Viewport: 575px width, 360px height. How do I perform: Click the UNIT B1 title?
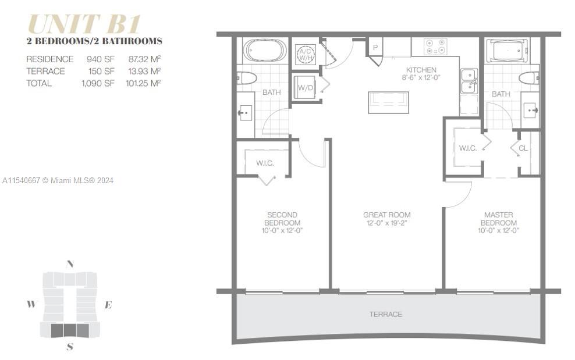84,24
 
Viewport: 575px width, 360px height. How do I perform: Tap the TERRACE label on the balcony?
385,314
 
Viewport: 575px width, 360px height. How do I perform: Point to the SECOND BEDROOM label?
282,223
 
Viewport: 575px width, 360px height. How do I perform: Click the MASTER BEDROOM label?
499,223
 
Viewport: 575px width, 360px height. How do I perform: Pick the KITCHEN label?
421,70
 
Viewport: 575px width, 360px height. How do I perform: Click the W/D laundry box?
306,88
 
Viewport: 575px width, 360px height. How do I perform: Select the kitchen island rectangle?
388,102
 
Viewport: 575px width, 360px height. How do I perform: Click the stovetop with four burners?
435,47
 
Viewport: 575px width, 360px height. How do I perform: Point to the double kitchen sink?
468,81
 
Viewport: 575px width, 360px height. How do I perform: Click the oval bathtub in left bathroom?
264,50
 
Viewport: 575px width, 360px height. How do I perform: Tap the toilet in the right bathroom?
529,78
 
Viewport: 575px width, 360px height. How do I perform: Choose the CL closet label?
523,148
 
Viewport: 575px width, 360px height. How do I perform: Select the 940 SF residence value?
97,59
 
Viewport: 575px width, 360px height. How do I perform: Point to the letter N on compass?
70,263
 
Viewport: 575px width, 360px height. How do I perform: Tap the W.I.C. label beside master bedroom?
467,148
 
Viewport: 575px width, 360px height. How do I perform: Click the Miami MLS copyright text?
58,180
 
